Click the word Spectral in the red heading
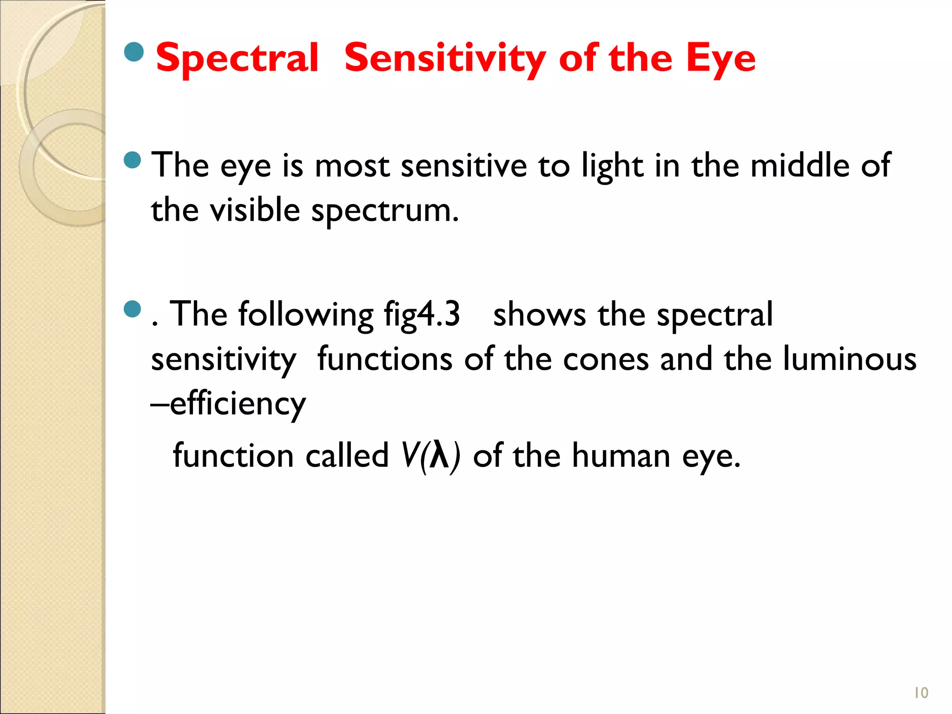coord(237,58)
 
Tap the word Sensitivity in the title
coord(444,58)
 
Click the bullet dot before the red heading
coord(134,52)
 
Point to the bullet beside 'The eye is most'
coord(133,160)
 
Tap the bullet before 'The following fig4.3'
coord(133,310)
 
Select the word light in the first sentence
coord(612,166)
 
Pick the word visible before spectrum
coord(255,210)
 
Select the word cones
coord(606,359)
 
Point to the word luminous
coord(850,359)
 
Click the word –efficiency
coord(228,403)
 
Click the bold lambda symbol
coord(439,455)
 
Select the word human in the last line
coord(621,456)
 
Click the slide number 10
coord(921,693)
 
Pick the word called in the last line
coord(347,455)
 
